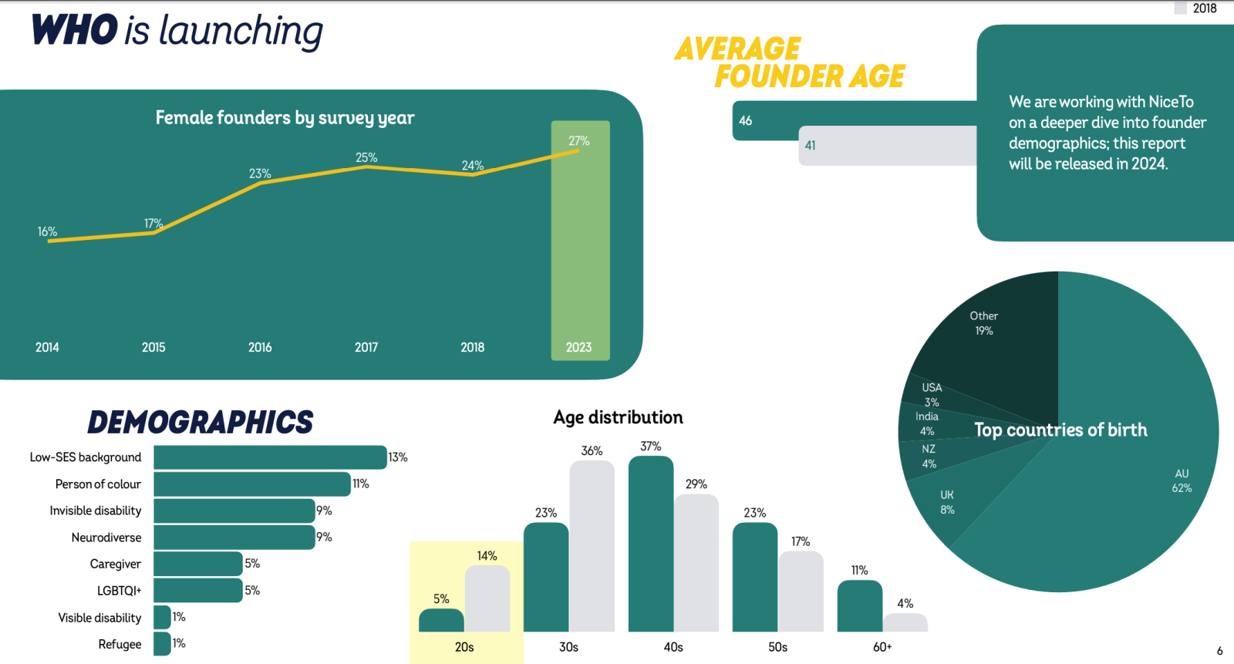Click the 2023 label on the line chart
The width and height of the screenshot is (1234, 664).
tap(578, 347)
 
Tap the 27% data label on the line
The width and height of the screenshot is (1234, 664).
tap(579, 140)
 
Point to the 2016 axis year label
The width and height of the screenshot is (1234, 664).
tap(260, 347)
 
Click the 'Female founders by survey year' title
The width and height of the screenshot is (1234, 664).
tap(285, 117)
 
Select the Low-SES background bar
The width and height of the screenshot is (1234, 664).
tap(270, 457)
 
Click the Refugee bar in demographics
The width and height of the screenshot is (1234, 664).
tap(162, 644)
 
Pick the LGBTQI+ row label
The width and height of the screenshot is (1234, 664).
tap(119, 591)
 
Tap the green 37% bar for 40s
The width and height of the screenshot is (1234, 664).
tap(651, 544)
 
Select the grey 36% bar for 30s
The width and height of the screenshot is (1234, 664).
tap(592, 546)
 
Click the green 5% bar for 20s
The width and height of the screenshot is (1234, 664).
tap(441, 620)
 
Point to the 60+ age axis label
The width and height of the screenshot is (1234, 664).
tap(882, 647)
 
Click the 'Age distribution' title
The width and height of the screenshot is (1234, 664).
tap(618, 417)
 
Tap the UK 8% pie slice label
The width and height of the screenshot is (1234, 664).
tap(947, 502)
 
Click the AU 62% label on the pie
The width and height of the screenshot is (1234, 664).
tap(1182, 480)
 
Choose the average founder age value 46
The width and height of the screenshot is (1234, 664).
tap(745, 120)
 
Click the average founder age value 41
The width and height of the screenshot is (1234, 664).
tap(810, 146)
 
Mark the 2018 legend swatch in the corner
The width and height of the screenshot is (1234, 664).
tap(1180, 8)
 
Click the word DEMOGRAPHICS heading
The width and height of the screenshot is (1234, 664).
tap(201, 422)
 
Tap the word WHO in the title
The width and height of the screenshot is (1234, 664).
tap(74, 29)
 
